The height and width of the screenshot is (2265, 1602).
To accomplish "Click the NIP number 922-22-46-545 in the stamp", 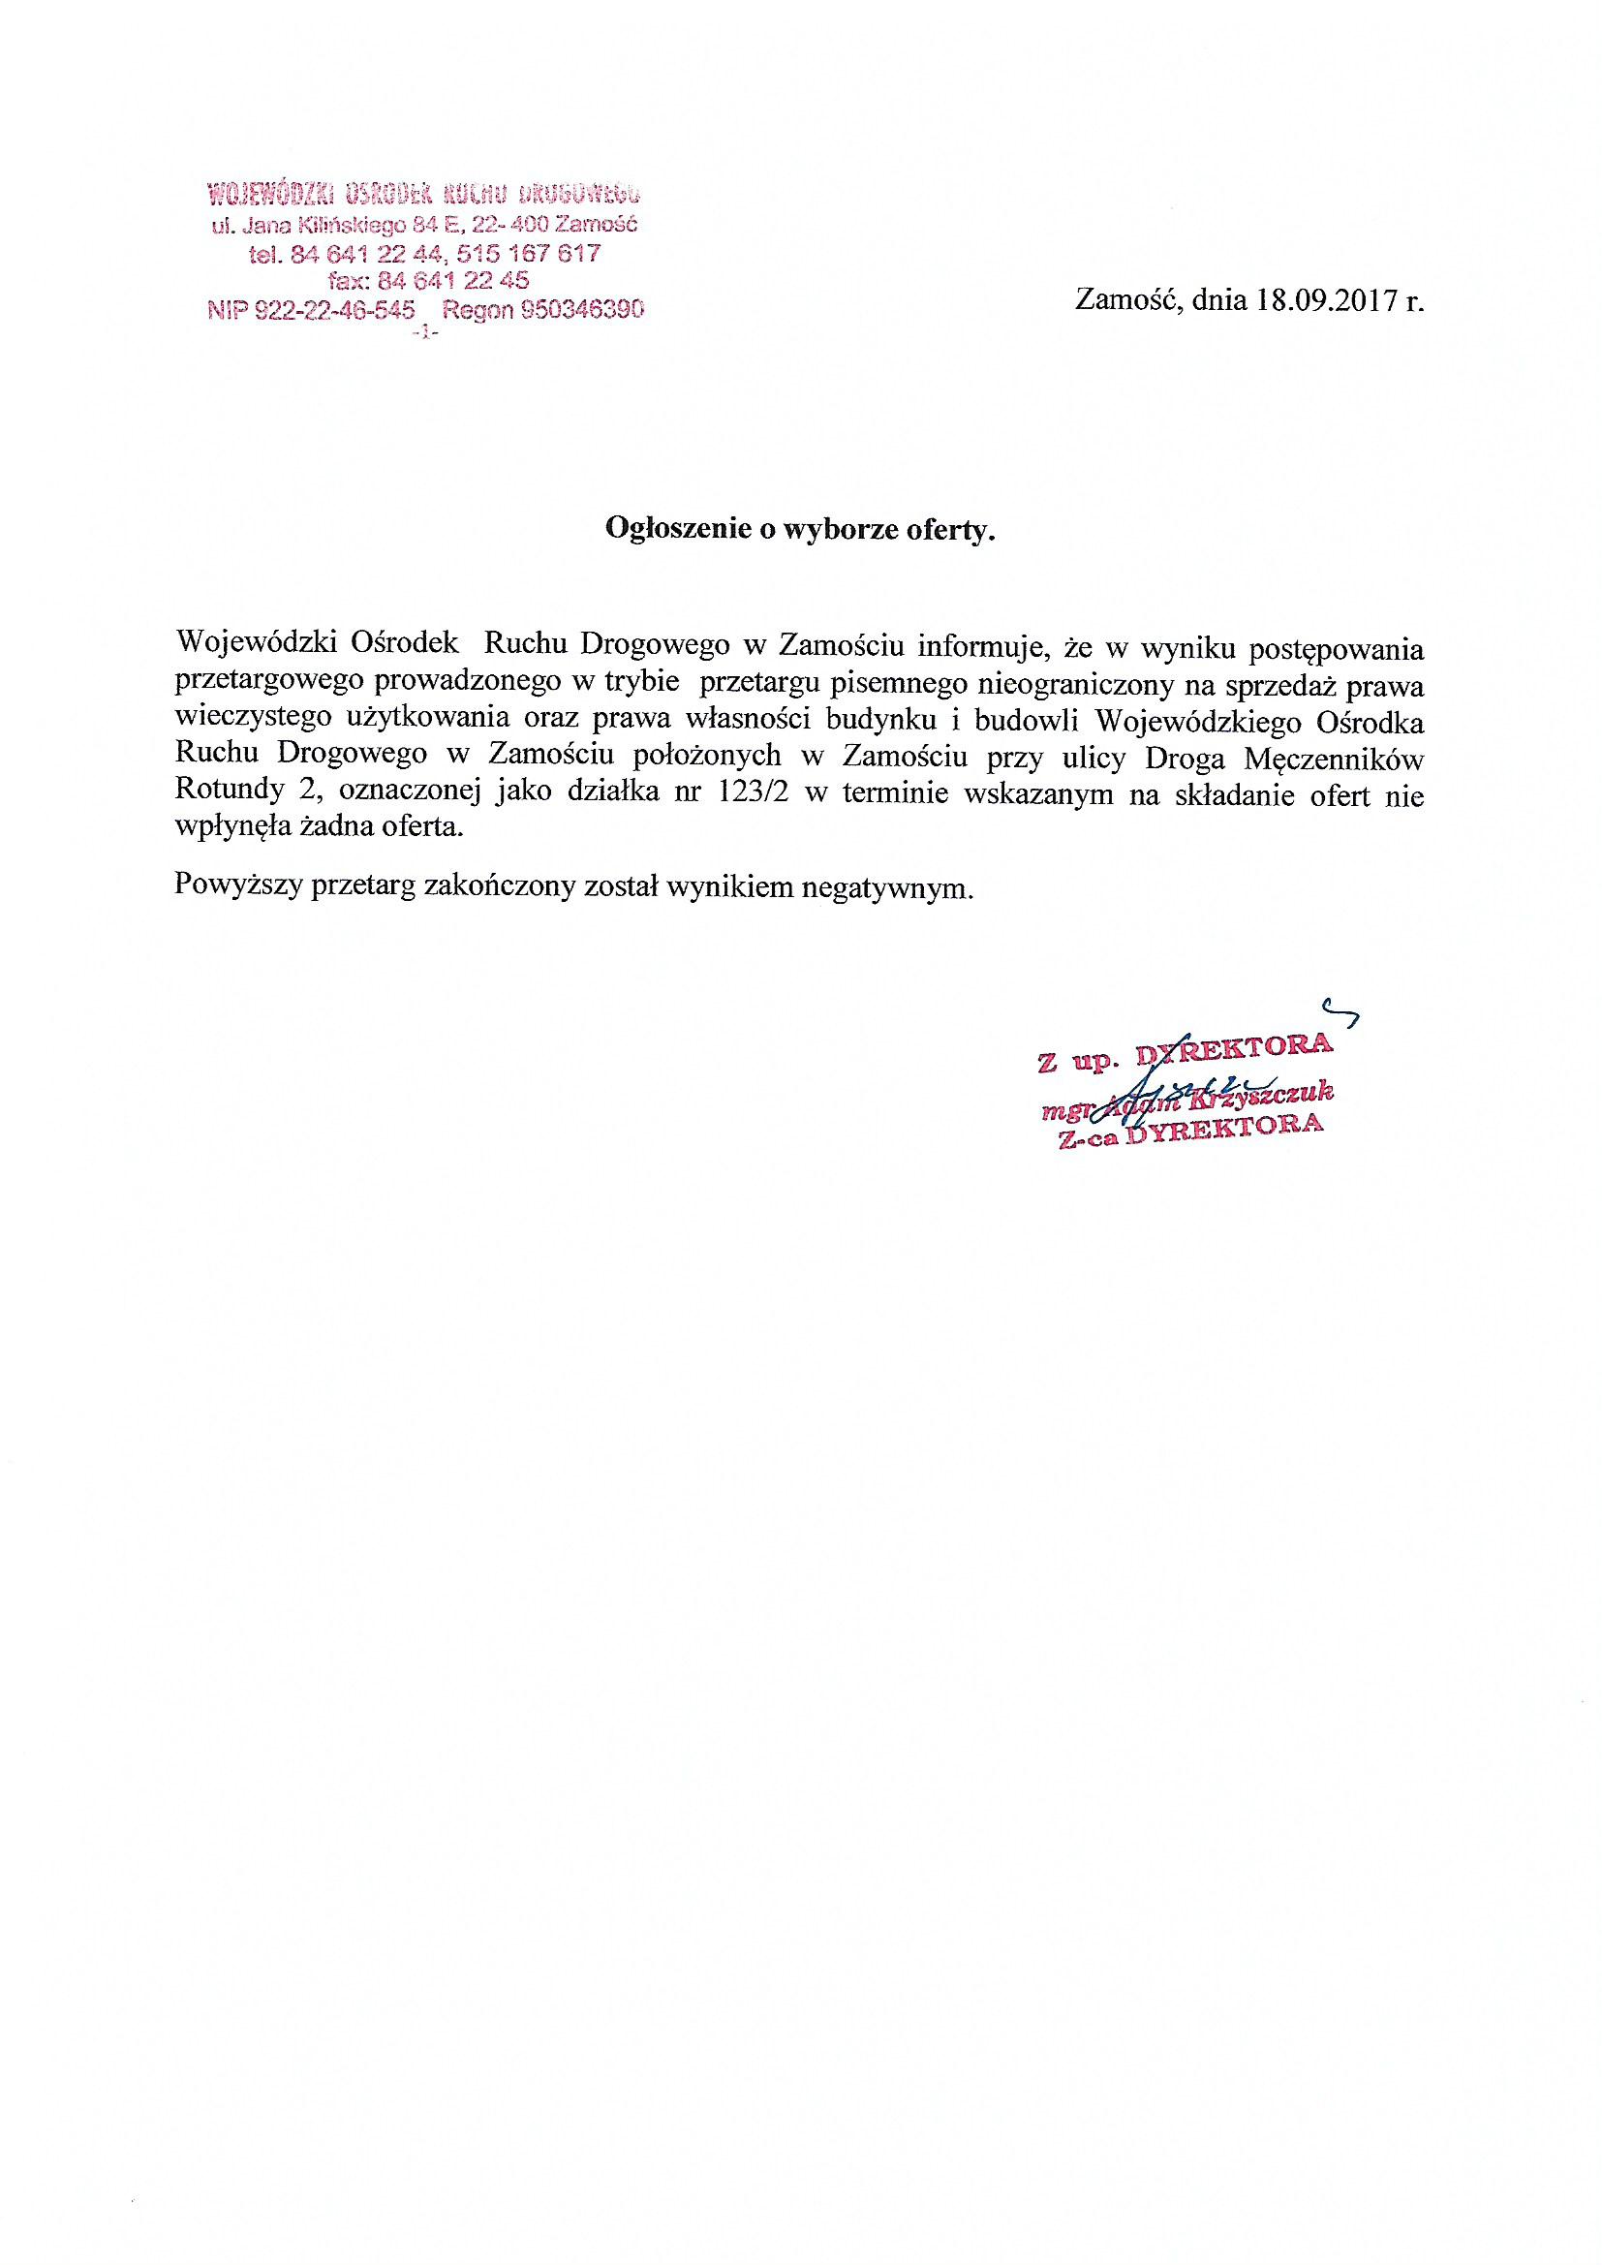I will point(310,311).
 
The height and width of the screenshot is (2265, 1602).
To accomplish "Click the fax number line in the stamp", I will point(432,281).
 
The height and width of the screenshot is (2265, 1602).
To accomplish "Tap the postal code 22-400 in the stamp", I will point(512,225).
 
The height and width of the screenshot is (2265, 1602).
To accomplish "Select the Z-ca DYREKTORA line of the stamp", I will point(1189,1131).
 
